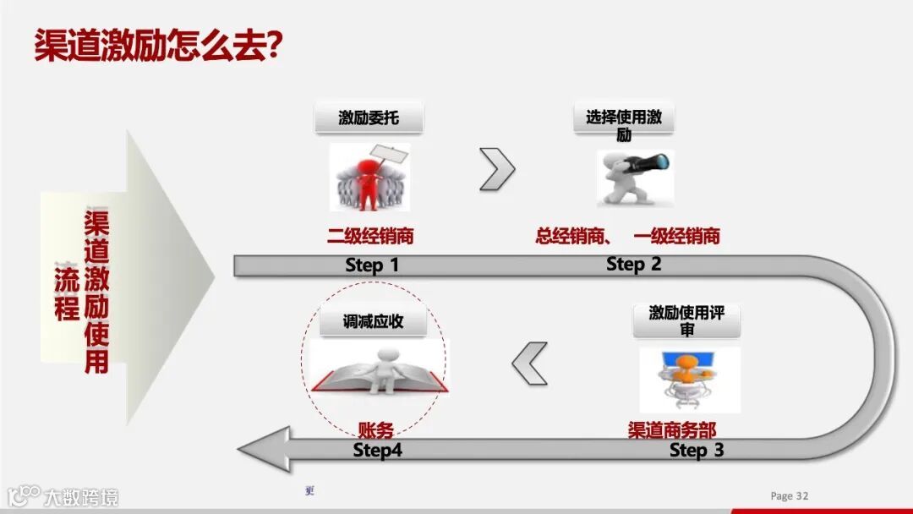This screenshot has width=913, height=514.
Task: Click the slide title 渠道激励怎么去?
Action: coord(157,46)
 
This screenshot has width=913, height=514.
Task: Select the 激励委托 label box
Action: coord(369,118)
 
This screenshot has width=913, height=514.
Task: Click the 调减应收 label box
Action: coord(373,322)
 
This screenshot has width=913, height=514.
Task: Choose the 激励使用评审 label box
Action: coord(686,320)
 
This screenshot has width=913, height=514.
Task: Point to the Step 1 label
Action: coord(372,265)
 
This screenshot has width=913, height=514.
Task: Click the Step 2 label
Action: coord(633,265)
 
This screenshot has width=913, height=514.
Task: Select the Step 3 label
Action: coord(697,451)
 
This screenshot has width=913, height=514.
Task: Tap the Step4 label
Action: coord(377,451)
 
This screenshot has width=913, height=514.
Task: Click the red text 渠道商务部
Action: coord(672,430)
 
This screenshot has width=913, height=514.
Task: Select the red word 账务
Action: coord(376,430)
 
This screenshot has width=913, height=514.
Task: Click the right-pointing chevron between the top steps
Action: coord(497,169)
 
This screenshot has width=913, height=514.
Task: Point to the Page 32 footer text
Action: coord(790,496)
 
